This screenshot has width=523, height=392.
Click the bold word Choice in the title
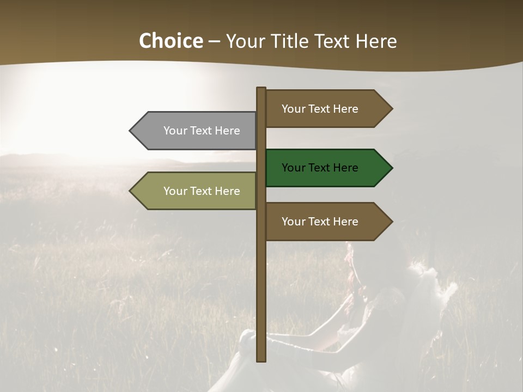pyautogui.click(x=171, y=41)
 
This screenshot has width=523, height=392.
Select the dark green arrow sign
pyautogui.click(x=321, y=168)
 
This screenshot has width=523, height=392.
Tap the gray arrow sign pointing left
pyautogui.click(x=196, y=131)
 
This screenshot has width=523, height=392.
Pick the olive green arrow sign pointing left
pyautogui.click(x=196, y=191)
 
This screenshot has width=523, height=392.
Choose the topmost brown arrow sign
pyautogui.click(x=321, y=109)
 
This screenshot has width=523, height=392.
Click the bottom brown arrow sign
pyautogui.click(x=321, y=222)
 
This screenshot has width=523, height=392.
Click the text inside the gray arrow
pyautogui.click(x=202, y=131)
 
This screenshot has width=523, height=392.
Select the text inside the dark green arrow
pyautogui.click(x=320, y=168)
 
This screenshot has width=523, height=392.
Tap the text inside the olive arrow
pyautogui.click(x=202, y=191)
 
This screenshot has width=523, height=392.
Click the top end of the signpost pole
pyautogui.click(x=261, y=89)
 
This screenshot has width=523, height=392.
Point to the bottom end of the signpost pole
pyautogui.click(x=261, y=359)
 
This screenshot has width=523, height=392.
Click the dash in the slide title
pyautogui.click(x=214, y=42)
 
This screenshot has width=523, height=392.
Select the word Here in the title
pyautogui.click(x=376, y=41)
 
